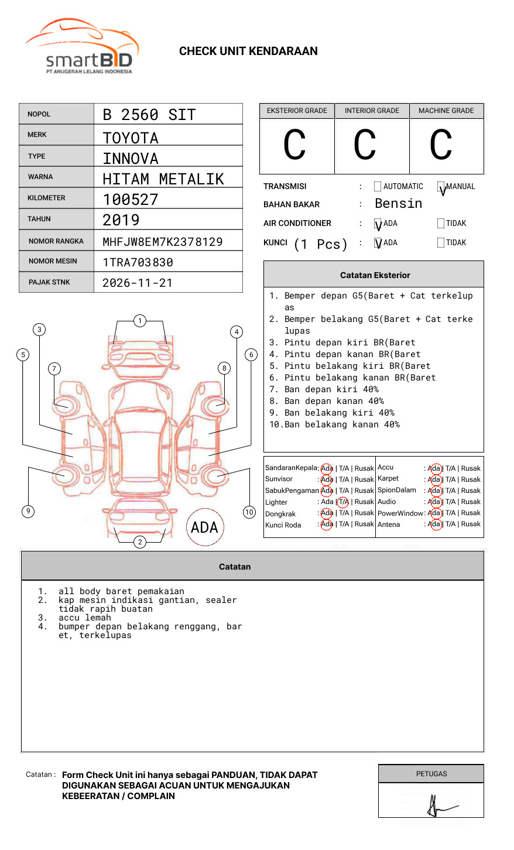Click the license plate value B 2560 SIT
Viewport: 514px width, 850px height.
[x=149, y=115]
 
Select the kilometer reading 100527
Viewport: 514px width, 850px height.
[x=131, y=200]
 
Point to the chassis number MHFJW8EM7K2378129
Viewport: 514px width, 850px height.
[x=162, y=241]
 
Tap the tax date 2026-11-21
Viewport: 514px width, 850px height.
[x=138, y=283]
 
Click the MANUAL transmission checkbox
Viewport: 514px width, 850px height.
[x=441, y=187]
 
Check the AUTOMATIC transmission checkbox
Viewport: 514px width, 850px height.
[x=378, y=187]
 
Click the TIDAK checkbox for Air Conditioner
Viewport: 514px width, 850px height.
[x=441, y=223]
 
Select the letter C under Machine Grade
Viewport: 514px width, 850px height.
[x=441, y=145]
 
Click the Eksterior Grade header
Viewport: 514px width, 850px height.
[x=297, y=111]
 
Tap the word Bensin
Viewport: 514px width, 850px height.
[x=398, y=204]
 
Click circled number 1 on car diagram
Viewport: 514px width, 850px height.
[x=139, y=321]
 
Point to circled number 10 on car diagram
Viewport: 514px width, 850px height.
[x=249, y=512]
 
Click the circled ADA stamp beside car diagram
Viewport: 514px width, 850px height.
[x=204, y=527]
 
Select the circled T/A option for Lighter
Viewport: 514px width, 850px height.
[x=343, y=502]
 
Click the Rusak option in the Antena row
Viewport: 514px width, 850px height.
[x=471, y=524]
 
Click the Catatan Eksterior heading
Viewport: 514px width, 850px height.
[x=375, y=275]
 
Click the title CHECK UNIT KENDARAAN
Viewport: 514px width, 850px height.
[x=248, y=52]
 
